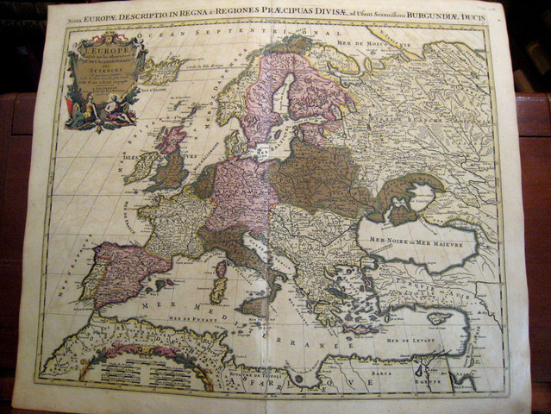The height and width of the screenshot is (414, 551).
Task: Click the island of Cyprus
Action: pyautogui.click(x=441, y=317)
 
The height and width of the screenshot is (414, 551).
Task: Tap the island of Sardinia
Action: pyautogui.click(x=219, y=289)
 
